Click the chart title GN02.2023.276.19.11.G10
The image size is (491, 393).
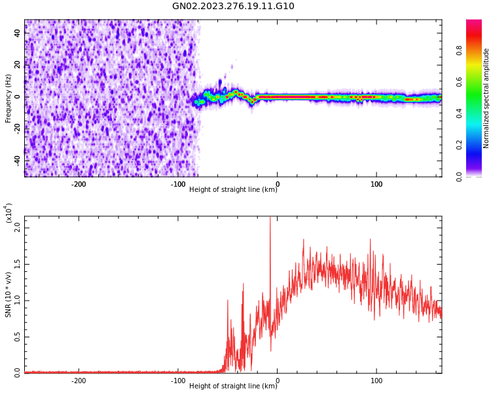coord(233,7)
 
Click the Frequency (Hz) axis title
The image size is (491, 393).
coord(9,98)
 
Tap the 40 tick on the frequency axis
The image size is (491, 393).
coord(18,33)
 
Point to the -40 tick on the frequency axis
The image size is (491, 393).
coord(18,160)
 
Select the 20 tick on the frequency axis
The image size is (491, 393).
coord(18,65)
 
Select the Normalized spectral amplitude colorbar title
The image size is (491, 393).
coord(486,98)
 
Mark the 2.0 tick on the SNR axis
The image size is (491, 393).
coord(18,227)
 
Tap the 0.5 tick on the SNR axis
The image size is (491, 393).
coord(18,336)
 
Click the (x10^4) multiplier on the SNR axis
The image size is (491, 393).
coord(9,214)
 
